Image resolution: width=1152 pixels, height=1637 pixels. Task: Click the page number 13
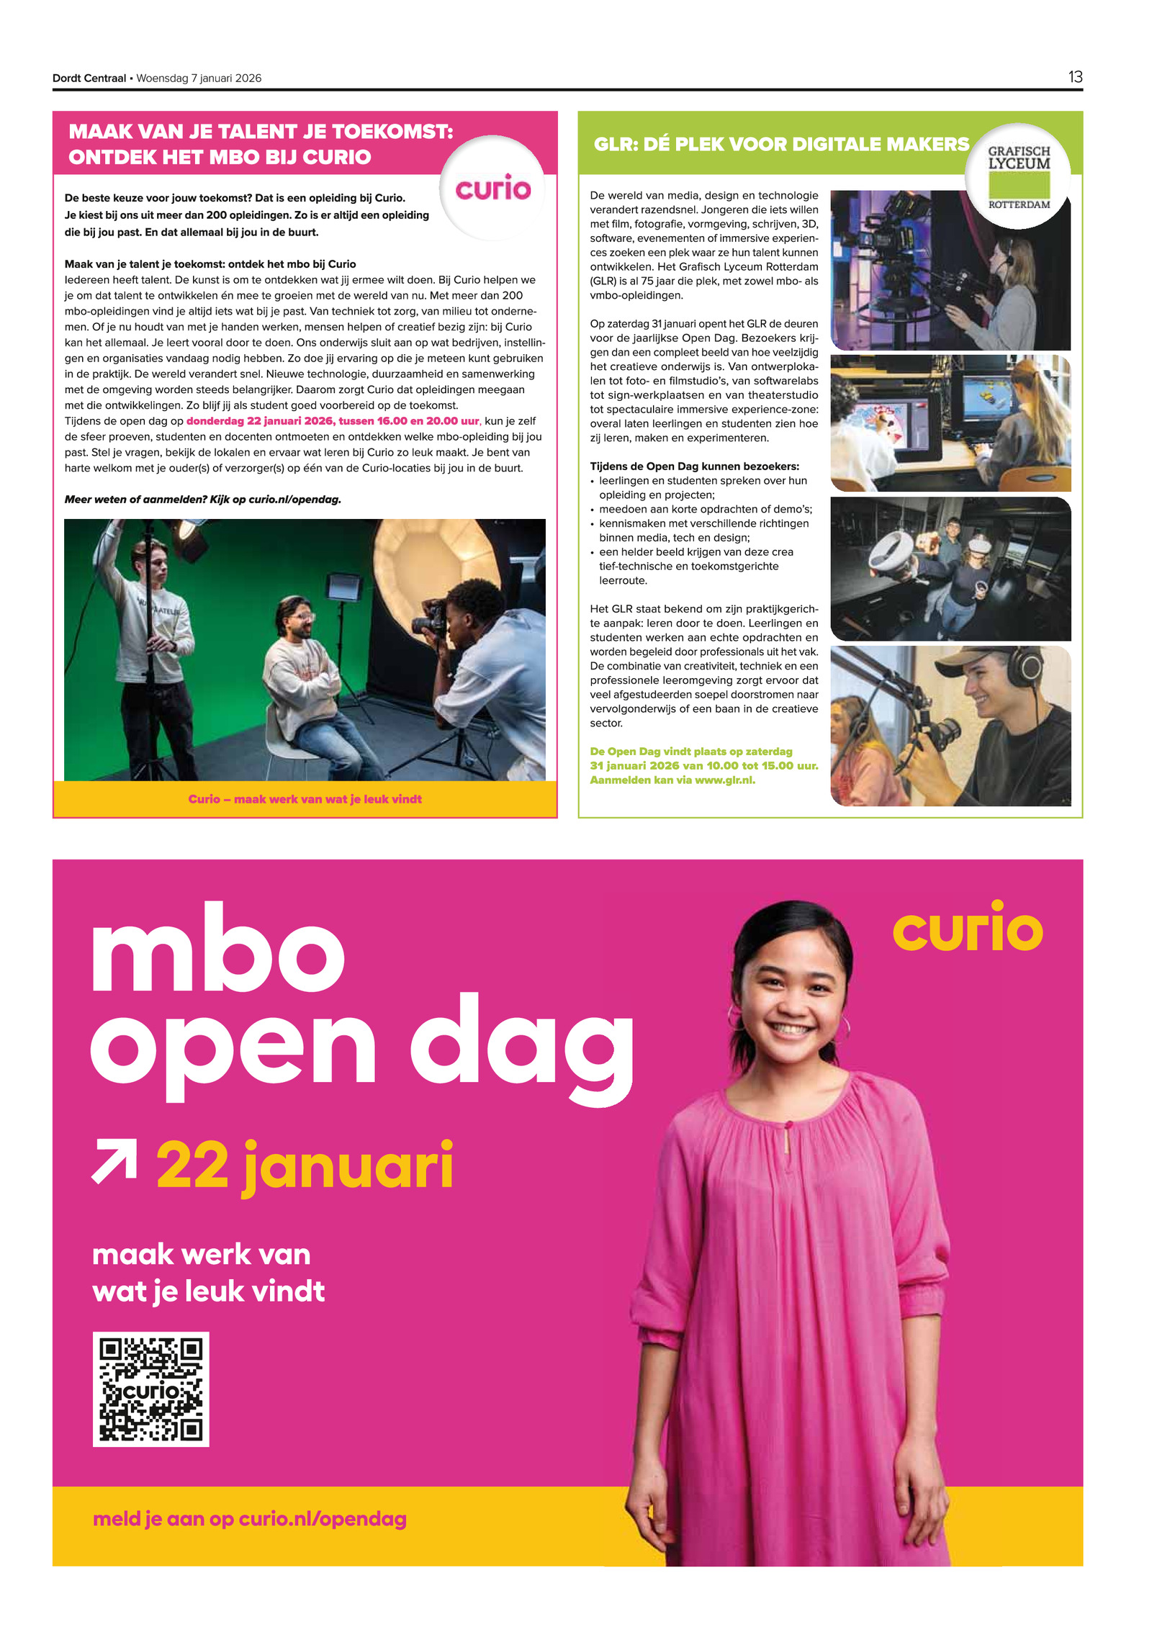(1074, 77)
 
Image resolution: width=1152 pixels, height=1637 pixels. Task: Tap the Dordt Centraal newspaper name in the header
(89, 78)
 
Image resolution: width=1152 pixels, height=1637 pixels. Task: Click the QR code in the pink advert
(150, 1388)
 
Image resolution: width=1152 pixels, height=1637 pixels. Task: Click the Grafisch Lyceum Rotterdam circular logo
(1018, 176)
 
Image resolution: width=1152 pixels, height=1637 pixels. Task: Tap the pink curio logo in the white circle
(492, 189)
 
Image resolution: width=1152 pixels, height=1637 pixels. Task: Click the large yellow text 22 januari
(305, 1165)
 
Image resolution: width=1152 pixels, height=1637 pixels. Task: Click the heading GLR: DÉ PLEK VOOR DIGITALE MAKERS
(781, 144)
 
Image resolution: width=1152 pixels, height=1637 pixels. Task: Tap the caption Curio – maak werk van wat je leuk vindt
(305, 798)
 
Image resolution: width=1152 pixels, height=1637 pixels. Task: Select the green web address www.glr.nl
(724, 780)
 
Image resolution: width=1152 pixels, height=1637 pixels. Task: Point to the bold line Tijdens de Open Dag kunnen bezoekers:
(694, 466)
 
